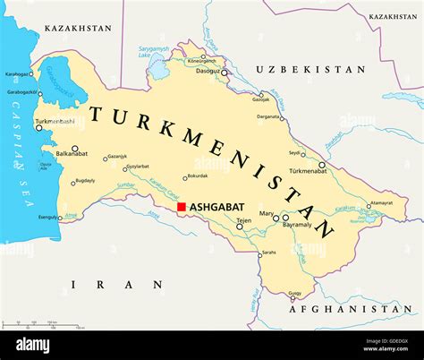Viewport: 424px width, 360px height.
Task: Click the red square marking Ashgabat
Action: [181, 207]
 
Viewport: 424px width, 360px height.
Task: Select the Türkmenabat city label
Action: [308, 171]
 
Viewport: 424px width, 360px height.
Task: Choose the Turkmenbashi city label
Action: [56, 121]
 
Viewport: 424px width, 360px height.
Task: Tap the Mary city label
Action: [267, 213]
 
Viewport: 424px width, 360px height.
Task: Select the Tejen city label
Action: [242, 220]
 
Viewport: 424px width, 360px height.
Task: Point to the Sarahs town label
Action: [267, 253]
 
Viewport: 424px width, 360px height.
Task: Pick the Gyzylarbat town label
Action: [137, 167]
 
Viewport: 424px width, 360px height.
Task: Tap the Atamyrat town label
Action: [380, 203]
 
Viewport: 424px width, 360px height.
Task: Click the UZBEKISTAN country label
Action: [310, 69]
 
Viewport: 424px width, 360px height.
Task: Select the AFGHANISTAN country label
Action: [351, 309]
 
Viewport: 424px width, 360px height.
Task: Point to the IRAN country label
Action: [117, 284]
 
